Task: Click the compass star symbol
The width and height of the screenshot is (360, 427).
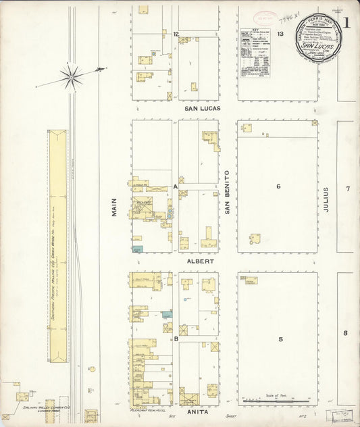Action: click(70, 76)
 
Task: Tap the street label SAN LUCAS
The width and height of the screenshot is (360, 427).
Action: click(203, 108)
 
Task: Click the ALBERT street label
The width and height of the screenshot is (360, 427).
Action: click(201, 260)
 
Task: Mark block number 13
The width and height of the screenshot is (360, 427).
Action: click(279, 33)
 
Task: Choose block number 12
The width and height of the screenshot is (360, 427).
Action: click(175, 34)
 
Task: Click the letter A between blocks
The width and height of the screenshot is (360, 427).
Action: click(175, 185)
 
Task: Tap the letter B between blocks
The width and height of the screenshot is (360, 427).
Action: click(175, 339)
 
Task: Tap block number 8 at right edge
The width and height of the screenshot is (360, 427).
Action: click(345, 333)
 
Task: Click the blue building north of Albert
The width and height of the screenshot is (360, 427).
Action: click(138, 249)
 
